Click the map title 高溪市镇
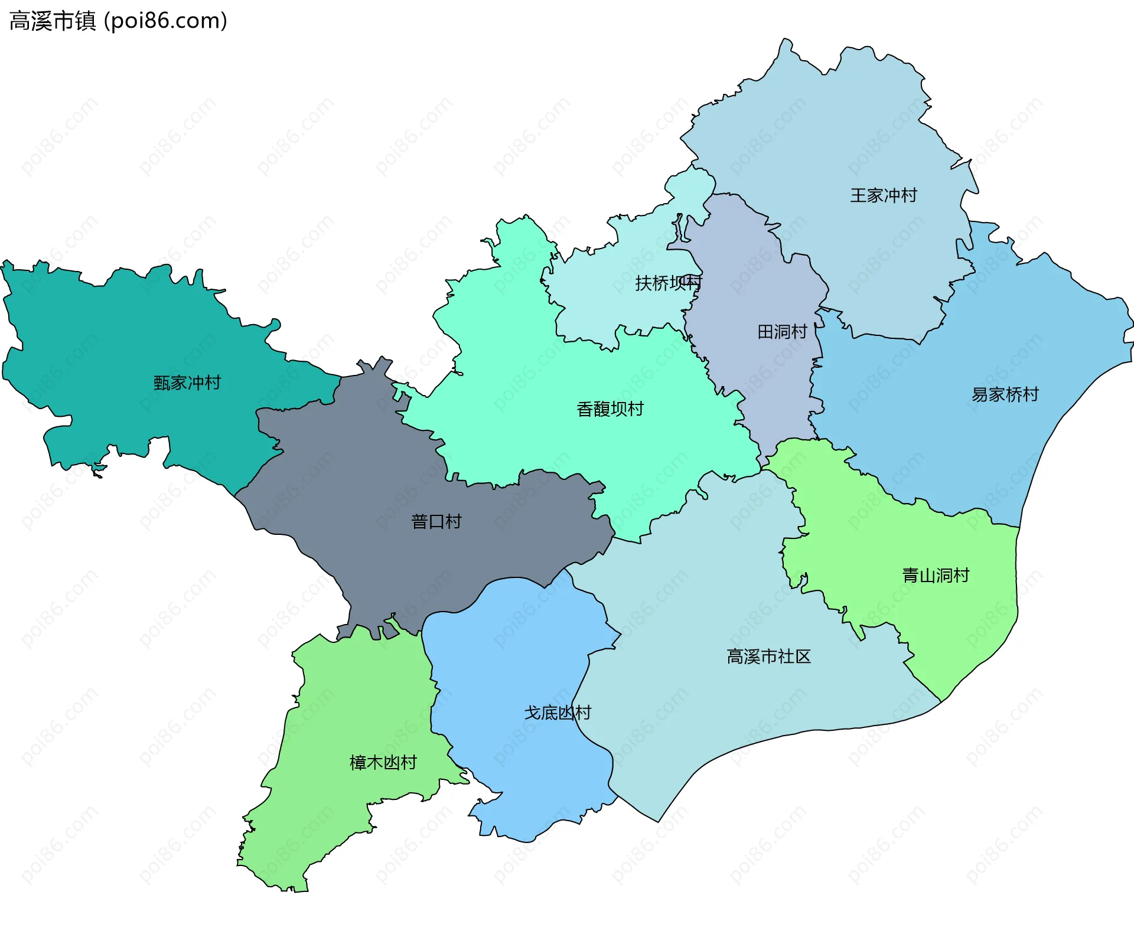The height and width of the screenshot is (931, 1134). point(53,21)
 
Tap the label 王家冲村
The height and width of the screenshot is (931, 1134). point(883,195)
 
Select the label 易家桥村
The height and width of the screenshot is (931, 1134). point(1005,394)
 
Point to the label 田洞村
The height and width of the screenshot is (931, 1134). point(782,332)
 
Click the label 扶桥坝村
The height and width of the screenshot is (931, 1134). point(668,283)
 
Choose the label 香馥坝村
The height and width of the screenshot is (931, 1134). point(610,409)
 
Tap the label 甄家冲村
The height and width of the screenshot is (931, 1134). point(187,383)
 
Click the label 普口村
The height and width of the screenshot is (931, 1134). point(436,522)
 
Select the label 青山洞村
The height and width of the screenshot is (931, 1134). point(936,576)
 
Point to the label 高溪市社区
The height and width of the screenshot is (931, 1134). point(768,656)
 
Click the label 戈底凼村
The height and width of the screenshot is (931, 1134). point(558,713)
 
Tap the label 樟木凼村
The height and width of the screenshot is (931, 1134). point(383,763)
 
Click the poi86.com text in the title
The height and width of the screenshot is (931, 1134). point(165,21)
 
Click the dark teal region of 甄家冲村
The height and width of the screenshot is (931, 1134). point(118,331)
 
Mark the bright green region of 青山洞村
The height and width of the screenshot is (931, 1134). point(945,620)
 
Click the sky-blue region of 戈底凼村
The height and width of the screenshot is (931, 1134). point(514,649)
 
